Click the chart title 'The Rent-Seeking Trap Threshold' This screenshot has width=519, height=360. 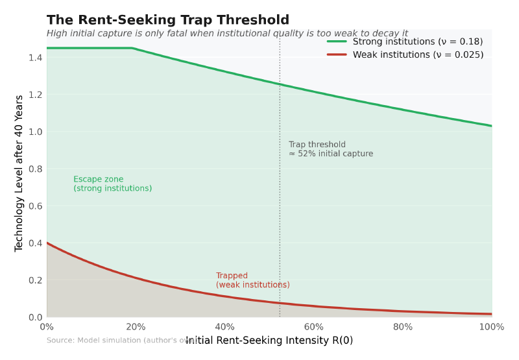(x=168, y=20)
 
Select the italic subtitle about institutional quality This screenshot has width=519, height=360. (x=227, y=34)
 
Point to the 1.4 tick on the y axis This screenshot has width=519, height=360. (x=35, y=58)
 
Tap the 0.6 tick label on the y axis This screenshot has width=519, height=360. (x=35, y=206)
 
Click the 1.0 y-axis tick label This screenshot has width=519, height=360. (x=35, y=132)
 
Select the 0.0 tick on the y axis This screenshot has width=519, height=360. (x=35, y=317)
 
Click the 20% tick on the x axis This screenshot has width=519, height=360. (x=136, y=327)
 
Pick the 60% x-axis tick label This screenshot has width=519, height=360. (x=313, y=327)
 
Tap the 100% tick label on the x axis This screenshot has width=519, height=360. (x=491, y=327)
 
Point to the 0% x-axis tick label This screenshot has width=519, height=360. (x=47, y=327)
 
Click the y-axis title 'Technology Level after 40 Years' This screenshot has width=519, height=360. (x=19, y=173)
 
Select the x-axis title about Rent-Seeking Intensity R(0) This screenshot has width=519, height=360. (x=269, y=341)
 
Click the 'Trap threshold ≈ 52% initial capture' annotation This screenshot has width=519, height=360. (x=330, y=149)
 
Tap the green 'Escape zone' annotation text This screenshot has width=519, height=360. (x=112, y=184)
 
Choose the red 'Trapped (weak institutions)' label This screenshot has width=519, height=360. (x=252, y=280)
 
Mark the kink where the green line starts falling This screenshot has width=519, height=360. (x=132, y=48)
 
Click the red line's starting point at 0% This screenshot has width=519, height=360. (x=47, y=243)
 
